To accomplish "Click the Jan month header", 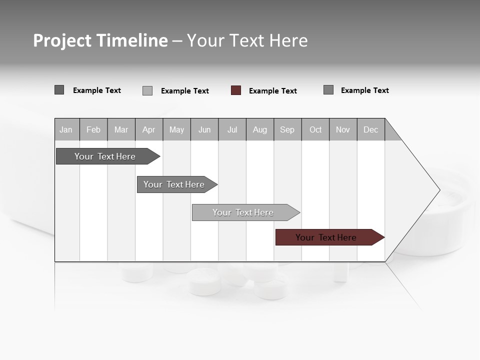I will pyautogui.click(x=66, y=129).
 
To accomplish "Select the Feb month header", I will pyautogui.click(x=93, y=129).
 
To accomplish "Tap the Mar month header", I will pyautogui.click(x=121, y=129).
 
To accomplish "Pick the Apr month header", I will pyautogui.click(x=149, y=129).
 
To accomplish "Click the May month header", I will pyautogui.click(x=176, y=129).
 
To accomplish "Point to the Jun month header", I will pyautogui.click(x=204, y=129).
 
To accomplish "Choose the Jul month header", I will pyautogui.click(x=232, y=129).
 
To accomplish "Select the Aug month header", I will pyautogui.click(x=260, y=129).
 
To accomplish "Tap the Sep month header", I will pyautogui.click(x=287, y=129).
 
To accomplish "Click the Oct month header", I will pyautogui.click(x=315, y=129).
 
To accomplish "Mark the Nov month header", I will pyautogui.click(x=343, y=129).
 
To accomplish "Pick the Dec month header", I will pyautogui.click(x=371, y=129).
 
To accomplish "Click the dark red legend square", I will pyautogui.click(x=236, y=90).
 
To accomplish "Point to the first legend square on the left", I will pyautogui.click(x=59, y=90).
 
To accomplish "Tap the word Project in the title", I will pyautogui.click(x=62, y=40).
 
